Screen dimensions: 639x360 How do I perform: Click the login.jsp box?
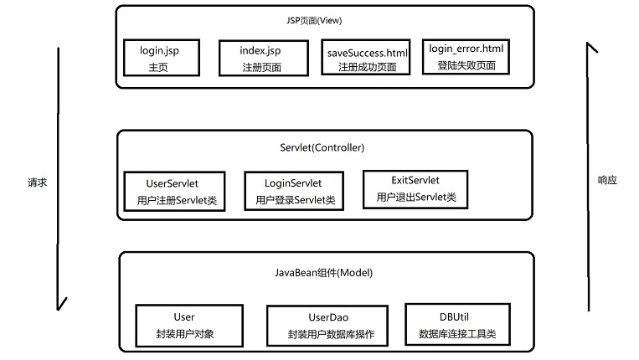tap(162, 58)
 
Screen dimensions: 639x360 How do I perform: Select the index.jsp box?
tap(264, 59)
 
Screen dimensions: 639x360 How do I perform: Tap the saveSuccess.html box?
tap(365, 58)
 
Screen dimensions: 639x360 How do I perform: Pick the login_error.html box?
tap(466, 57)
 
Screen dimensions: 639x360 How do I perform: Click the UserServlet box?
tap(174, 192)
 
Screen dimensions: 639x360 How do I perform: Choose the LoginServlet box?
tap(294, 191)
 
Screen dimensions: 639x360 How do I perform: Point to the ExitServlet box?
tap(415, 190)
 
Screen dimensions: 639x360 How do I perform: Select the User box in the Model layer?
tap(189, 326)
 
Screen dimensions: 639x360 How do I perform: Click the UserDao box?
tap(327, 326)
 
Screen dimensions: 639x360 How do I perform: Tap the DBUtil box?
tap(457, 325)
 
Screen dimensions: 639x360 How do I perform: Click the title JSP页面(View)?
tap(314, 20)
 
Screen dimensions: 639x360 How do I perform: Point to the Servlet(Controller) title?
tap(322, 147)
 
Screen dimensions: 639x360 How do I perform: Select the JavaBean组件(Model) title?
tap(323, 273)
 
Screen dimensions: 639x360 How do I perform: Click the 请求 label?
tap(37, 183)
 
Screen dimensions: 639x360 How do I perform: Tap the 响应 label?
tap(607, 180)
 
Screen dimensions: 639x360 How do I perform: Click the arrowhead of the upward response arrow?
tap(588, 44)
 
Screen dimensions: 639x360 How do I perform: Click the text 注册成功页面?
tap(367, 67)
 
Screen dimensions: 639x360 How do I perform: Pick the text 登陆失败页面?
tap(466, 65)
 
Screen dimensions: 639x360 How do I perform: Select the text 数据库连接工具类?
tap(457, 334)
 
